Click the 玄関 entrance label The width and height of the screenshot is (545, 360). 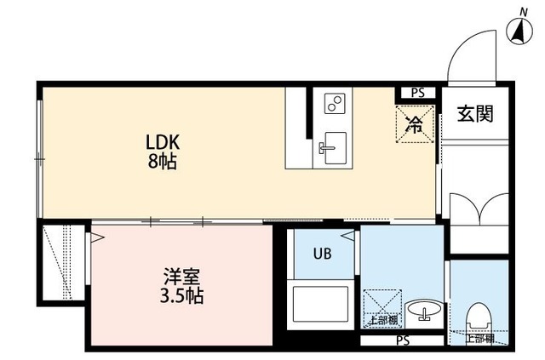click(x=474, y=114)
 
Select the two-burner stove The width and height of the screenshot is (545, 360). click(x=333, y=105)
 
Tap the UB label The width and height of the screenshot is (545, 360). click(x=321, y=254)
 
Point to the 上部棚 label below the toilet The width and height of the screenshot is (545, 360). click(x=479, y=338)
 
